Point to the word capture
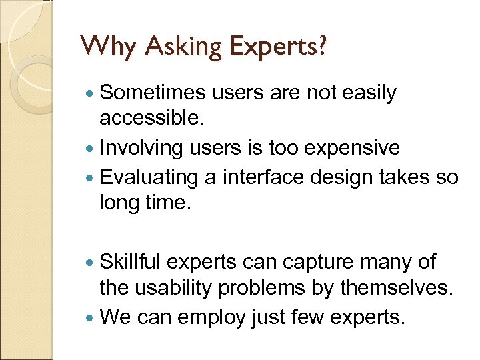[x=317, y=262]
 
